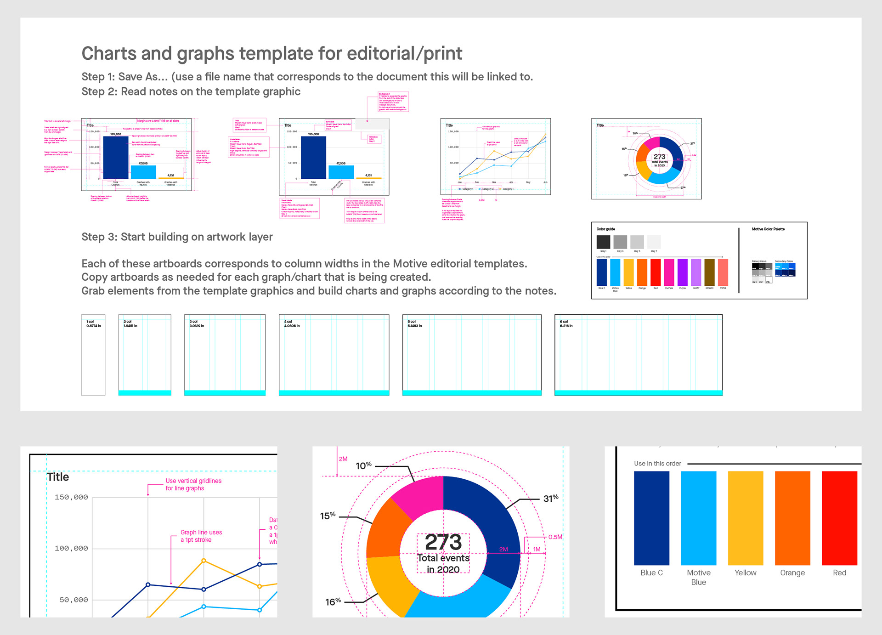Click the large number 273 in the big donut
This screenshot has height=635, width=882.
[x=443, y=542]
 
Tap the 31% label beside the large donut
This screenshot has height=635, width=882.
[x=551, y=499]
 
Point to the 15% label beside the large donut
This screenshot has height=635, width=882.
[x=328, y=516]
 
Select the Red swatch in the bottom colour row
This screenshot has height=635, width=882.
[x=839, y=518]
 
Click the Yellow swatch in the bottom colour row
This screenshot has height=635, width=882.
[x=745, y=518]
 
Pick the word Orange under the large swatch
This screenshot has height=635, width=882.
[x=792, y=573]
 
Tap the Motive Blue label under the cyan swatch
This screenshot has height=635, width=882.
[x=698, y=578]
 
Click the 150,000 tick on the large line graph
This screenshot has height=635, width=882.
[x=71, y=497]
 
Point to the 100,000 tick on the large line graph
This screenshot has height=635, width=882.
[x=71, y=548]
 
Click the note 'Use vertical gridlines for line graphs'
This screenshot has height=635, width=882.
[x=193, y=484]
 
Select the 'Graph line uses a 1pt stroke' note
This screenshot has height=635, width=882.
[x=201, y=536]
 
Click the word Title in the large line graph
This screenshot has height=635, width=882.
[x=58, y=477]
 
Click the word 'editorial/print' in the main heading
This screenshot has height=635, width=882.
[x=404, y=54]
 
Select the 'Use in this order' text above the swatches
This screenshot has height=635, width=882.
[x=657, y=464]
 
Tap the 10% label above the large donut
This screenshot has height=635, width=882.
[x=363, y=465]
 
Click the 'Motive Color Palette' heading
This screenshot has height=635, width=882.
[x=768, y=229]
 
